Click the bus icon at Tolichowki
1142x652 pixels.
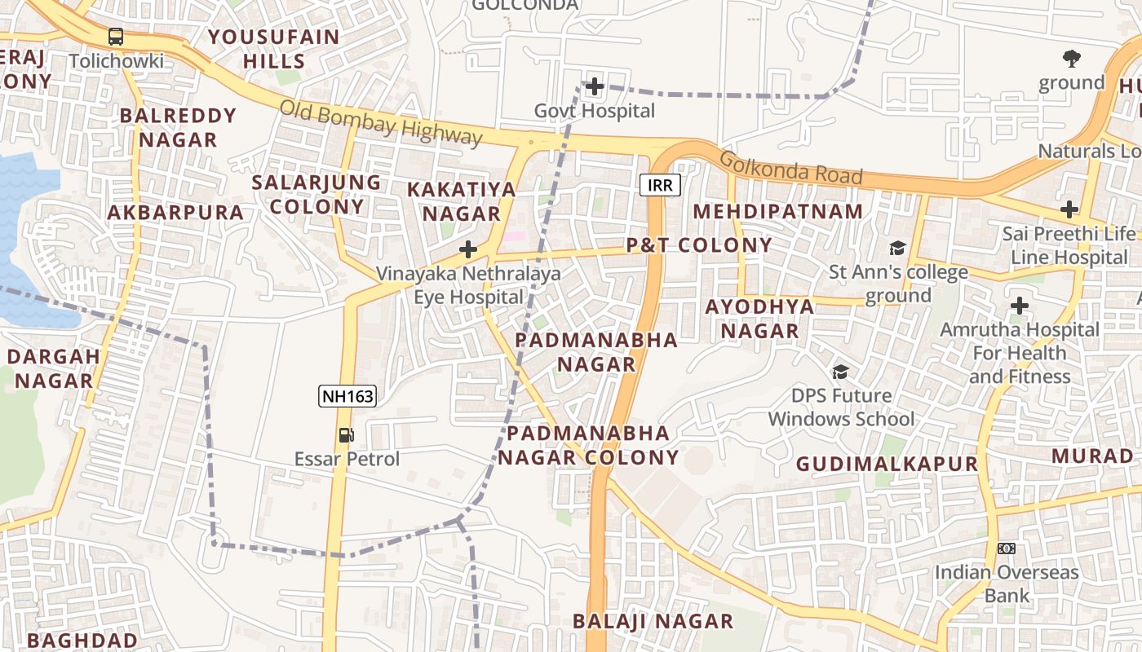[x=116, y=37]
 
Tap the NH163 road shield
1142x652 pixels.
[x=347, y=397]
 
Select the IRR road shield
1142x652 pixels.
[x=660, y=186]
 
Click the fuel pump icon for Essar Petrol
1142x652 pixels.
[x=347, y=435]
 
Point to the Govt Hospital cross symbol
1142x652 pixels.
[x=595, y=86]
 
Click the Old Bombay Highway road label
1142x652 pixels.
[x=381, y=123]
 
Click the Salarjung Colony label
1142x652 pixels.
[x=316, y=194]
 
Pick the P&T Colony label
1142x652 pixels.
[x=699, y=245]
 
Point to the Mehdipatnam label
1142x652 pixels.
[x=778, y=211]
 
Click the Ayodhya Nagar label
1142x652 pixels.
[x=759, y=319]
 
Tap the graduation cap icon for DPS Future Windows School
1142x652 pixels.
[x=840, y=372]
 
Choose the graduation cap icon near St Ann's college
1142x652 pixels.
[x=897, y=248]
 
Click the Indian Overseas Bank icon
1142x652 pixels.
[x=1007, y=548]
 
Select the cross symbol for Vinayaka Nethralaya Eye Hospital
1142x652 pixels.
[x=468, y=249]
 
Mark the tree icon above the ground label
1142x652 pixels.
[x=1072, y=58]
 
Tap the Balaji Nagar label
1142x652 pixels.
[x=653, y=621]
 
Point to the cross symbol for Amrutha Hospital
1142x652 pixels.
[x=1020, y=306]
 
